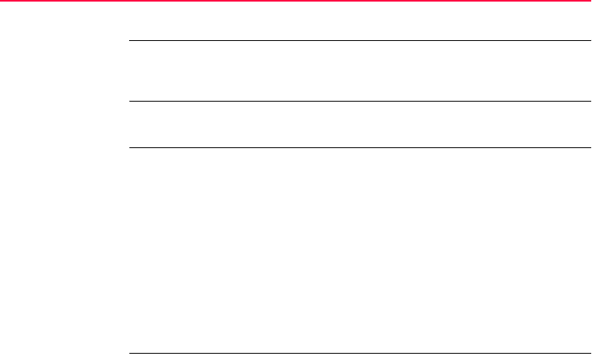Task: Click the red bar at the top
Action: click(296, 1)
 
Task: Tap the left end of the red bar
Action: click(2, 1)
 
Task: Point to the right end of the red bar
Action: click(589, 1)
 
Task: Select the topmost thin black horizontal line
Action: click(359, 40)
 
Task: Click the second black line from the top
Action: click(359, 101)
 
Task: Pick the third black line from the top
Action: click(359, 147)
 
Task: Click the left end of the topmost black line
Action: click(130, 40)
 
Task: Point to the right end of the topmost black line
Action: click(588, 40)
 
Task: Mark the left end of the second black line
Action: click(130, 101)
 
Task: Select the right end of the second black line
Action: click(588, 101)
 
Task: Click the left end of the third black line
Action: click(130, 147)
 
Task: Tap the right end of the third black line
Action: click(588, 147)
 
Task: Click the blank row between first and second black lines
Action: click(359, 71)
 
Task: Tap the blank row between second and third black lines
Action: click(359, 124)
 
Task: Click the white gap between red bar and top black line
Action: click(359, 21)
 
